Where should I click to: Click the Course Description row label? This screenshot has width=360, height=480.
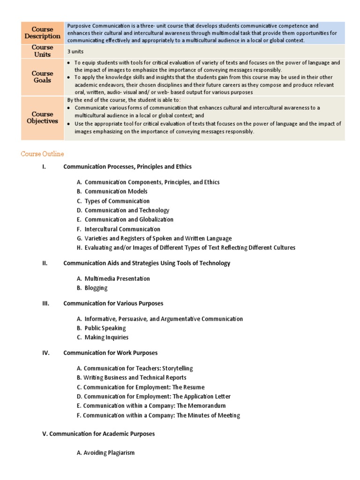click(43, 33)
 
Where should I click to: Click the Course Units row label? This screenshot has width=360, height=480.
click(43, 51)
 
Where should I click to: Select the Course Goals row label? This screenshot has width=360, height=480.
click(43, 77)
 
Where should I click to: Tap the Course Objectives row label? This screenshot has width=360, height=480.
click(43, 118)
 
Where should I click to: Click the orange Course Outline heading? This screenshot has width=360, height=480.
click(43, 154)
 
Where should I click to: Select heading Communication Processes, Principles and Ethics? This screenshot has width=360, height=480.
click(127, 166)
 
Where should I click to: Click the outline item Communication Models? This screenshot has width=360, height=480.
click(116, 191)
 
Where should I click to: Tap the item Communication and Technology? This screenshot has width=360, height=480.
click(127, 210)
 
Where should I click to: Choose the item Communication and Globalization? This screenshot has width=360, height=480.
click(129, 219)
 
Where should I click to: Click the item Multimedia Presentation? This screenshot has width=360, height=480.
click(117, 278)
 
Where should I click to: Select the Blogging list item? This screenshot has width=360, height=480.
click(96, 288)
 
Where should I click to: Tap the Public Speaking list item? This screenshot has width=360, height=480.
click(105, 328)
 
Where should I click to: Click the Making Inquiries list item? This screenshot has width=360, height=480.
click(106, 337)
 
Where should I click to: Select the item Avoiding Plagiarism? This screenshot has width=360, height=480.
click(109, 452)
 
